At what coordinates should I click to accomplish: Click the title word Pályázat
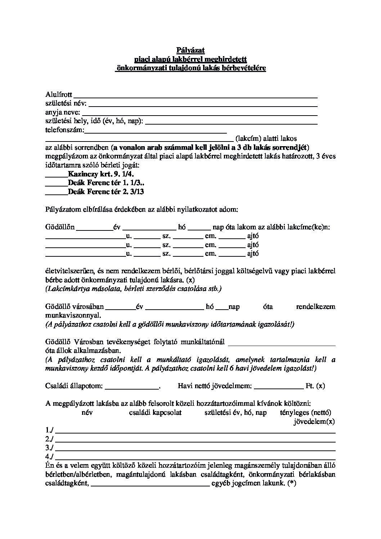coord(190,50)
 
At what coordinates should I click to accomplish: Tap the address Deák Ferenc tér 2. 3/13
coord(106,192)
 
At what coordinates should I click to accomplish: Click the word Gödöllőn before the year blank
coord(60,227)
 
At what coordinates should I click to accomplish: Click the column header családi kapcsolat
coord(155,413)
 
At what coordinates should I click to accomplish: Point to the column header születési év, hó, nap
coord(236,413)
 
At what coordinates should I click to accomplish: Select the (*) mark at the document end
coord(292,484)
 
